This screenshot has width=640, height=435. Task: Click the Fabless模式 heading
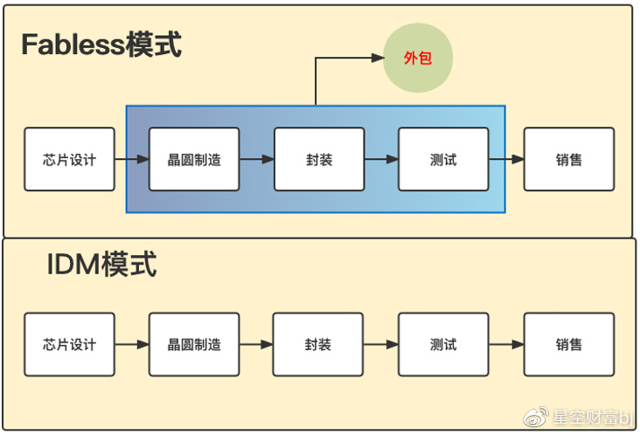(x=101, y=45)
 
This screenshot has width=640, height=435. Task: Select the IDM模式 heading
(x=101, y=264)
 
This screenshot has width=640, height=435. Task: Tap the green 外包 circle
(x=418, y=59)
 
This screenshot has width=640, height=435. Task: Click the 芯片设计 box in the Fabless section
(x=69, y=160)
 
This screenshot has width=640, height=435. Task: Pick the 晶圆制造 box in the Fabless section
(x=194, y=160)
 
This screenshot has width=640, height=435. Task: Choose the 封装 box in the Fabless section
(x=319, y=160)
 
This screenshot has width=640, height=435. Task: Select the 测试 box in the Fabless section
(x=443, y=160)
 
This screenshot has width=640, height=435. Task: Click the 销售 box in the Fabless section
(x=568, y=160)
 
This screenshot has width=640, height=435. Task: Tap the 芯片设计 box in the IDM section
(x=69, y=344)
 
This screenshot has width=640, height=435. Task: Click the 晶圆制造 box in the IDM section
(x=194, y=344)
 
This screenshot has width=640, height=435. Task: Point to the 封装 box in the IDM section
(x=318, y=344)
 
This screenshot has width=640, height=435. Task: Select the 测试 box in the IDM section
(x=443, y=344)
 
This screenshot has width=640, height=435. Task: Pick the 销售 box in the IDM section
(x=568, y=344)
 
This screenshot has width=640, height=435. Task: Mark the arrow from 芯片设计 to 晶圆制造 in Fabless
(x=132, y=160)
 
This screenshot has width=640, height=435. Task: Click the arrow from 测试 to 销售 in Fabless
(x=506, y=160)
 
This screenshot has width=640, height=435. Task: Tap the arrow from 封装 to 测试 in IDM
(x=381, y=344)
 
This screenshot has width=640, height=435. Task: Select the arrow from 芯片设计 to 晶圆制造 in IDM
(x=132, y=344)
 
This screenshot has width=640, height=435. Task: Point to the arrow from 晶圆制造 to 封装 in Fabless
(x=257, y=160)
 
